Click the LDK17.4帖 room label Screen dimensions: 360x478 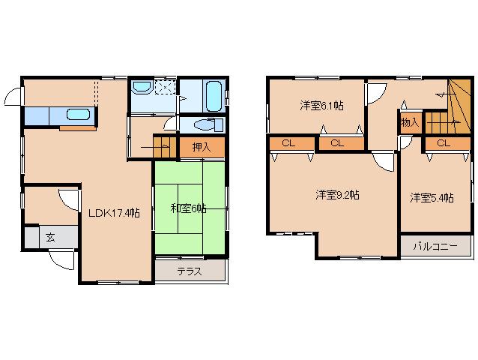point(114,212)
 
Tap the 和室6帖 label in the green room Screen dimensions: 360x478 point(187,208)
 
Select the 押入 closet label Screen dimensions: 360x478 point(201,148)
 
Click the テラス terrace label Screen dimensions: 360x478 point(190,271)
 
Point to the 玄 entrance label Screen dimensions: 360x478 point(49,237)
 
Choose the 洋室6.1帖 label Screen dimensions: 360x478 point(321,106)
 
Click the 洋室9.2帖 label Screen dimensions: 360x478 point(337,195)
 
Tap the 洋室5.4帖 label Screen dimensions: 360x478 point(432,198)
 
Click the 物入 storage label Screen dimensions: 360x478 point(410,122)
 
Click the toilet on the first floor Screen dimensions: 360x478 point(203,124)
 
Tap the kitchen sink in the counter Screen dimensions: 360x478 point(78,115)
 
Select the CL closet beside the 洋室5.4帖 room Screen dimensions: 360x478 point(442,142)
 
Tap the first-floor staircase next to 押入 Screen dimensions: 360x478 point(160,144)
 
